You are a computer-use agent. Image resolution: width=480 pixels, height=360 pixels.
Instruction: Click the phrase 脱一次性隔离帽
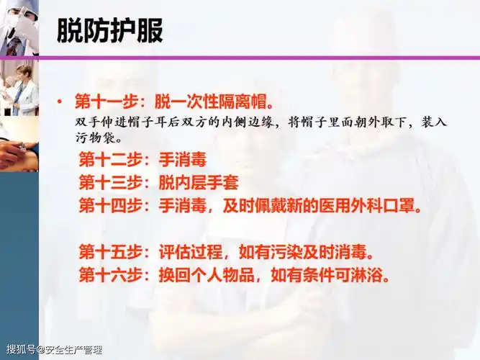(x=206, y=99)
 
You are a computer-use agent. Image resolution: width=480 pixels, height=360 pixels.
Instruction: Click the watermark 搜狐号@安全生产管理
(x=55, y=351)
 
